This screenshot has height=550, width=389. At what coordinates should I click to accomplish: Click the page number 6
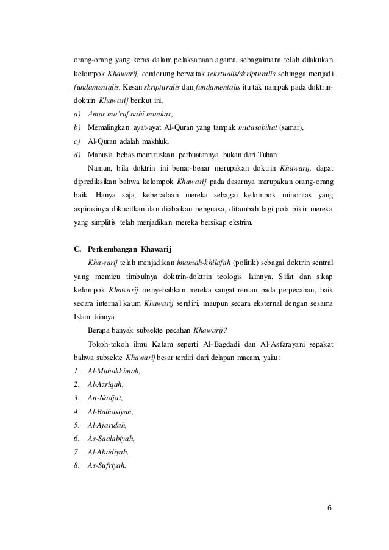pos(330,508)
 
